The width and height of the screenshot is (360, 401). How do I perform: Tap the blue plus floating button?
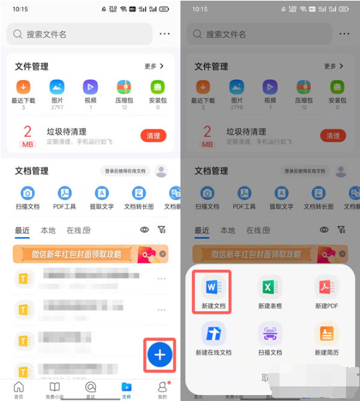pyautogui.click(x=160, y=355)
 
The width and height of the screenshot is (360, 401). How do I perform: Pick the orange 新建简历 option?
pyautogui.click(x=326, y=334)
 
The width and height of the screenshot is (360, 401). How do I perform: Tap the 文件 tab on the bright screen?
pyautogui.click(x=126, y=389)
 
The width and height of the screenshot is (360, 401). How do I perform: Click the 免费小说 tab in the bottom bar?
pyautogui.click(x=55, y=389)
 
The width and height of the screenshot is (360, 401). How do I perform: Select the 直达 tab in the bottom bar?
pyautogui.click(x=90, y=389)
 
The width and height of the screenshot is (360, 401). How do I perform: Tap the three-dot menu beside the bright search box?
pyautogui.click(x=164, y=34)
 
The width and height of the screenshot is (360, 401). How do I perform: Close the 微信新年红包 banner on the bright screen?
pyautogui.click(x=163, y=254)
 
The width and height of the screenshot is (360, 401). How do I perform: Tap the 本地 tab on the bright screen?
pyautogui.click(x=48, y=230)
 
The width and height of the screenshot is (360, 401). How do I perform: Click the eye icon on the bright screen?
pyautogui.click(x=144, y=230)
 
